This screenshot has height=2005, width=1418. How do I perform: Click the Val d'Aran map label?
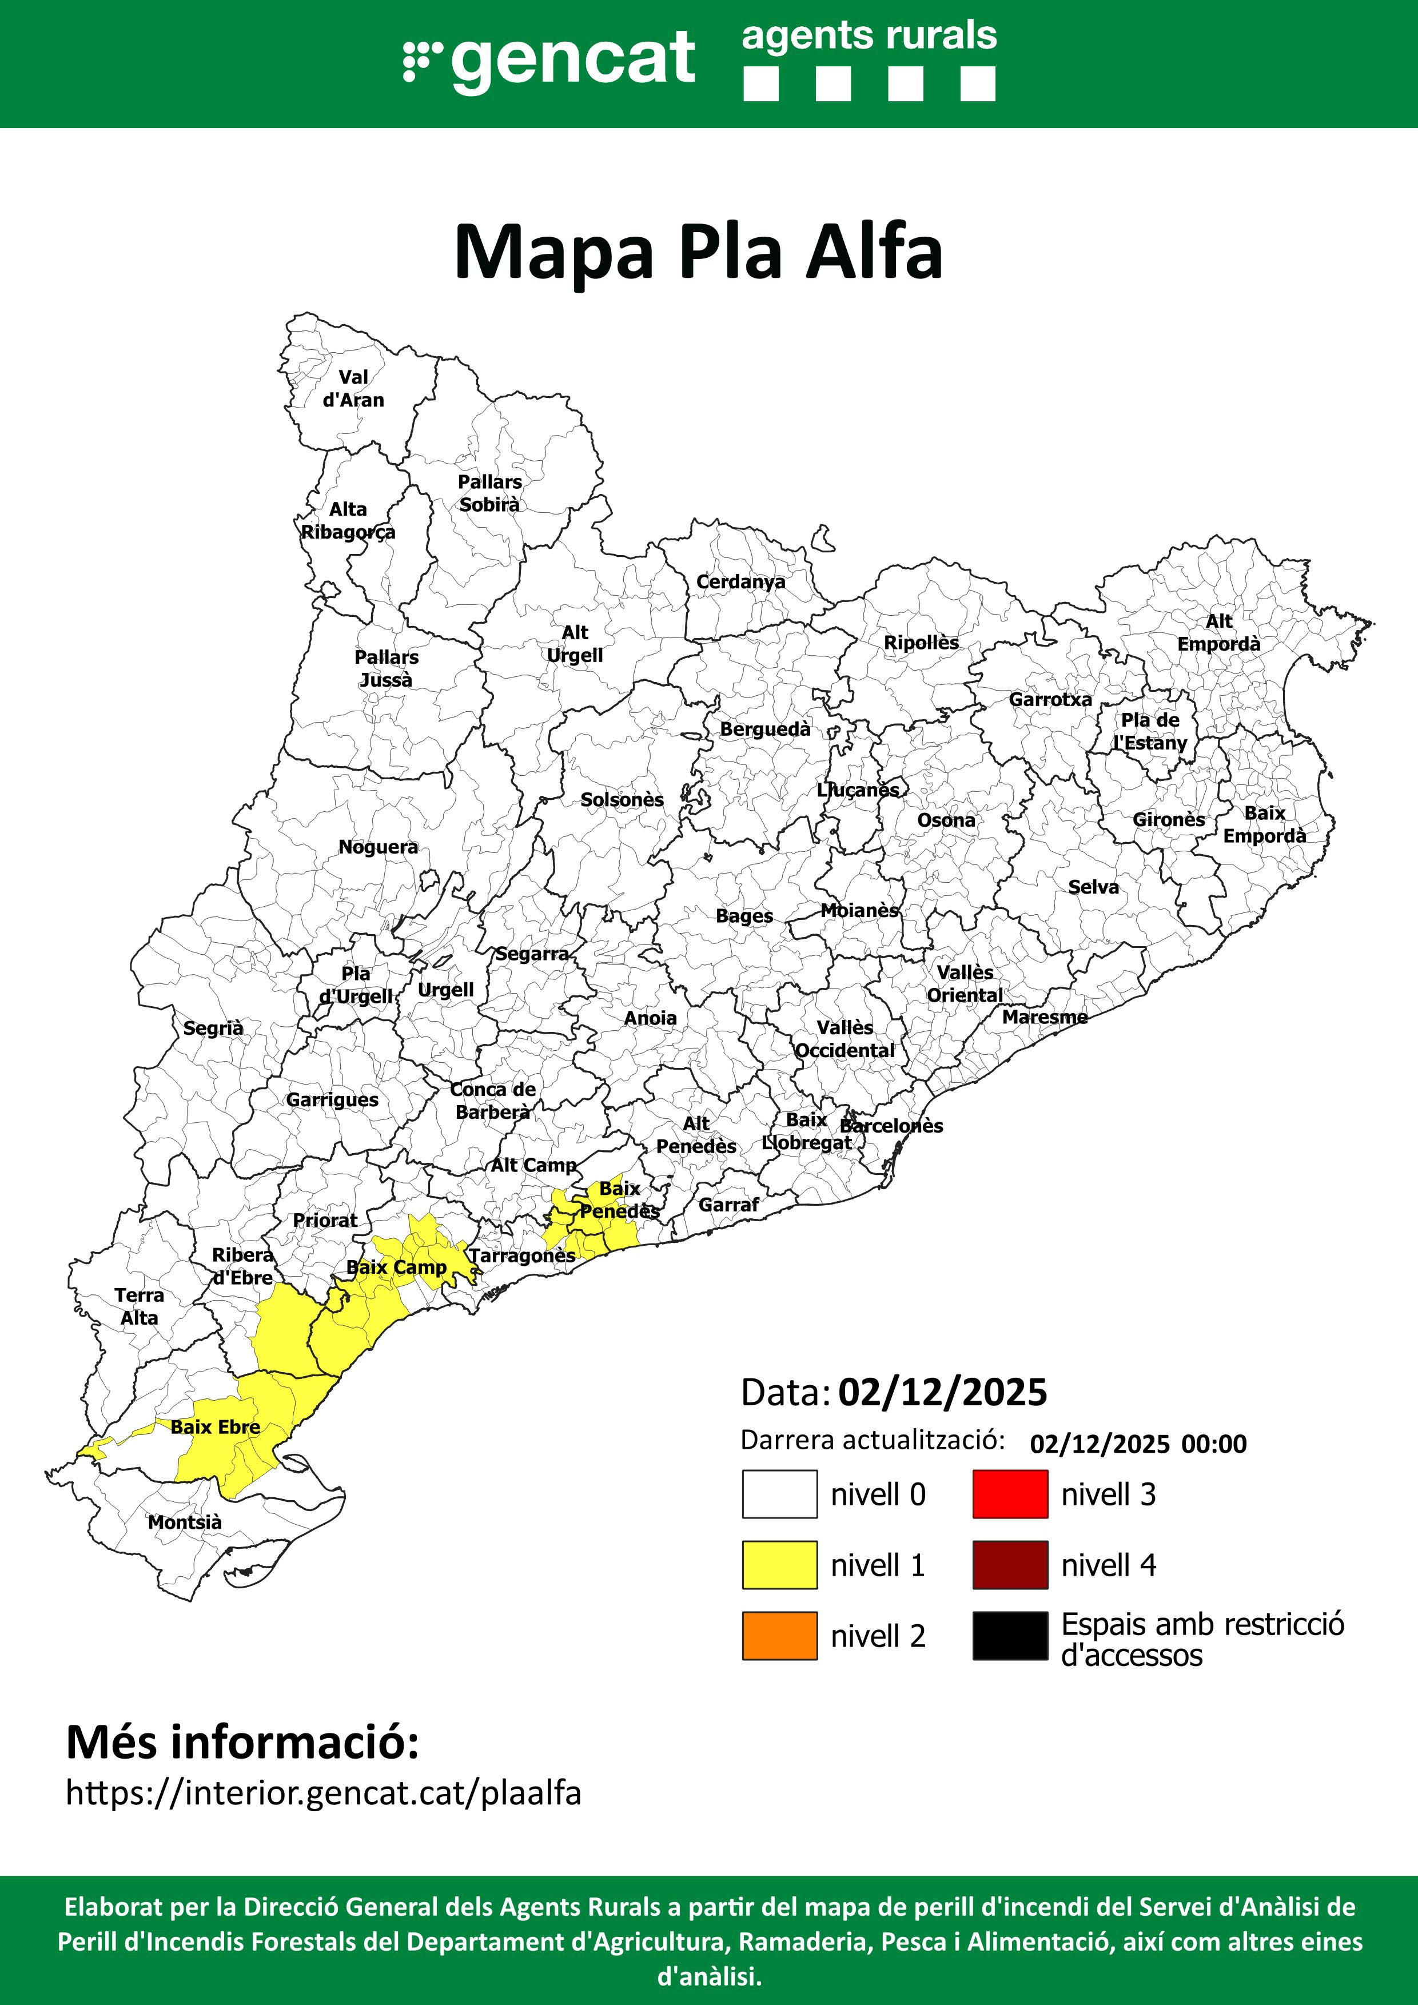click(353, 389)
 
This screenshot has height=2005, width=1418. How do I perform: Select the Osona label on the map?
click(946, 820)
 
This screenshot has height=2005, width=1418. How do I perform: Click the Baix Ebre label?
click(215, 1427)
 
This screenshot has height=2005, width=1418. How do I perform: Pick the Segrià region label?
click(213, 1028)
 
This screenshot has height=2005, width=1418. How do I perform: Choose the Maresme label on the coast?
click(1044, 1017)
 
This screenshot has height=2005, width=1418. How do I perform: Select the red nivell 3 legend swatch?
click(1010, 1494)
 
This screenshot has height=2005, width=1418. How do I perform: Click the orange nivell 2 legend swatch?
click(780, 1636)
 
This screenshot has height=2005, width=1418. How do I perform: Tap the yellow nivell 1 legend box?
click(780, 1565)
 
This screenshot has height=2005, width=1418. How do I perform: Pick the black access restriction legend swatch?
click(1010, 1636)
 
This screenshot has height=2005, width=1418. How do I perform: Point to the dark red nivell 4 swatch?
click(1010, 1565)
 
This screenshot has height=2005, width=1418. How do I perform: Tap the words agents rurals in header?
click(869, 37)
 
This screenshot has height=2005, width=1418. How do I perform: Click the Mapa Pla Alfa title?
click(699, 252)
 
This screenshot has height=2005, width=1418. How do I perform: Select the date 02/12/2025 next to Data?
click(942, 1393)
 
